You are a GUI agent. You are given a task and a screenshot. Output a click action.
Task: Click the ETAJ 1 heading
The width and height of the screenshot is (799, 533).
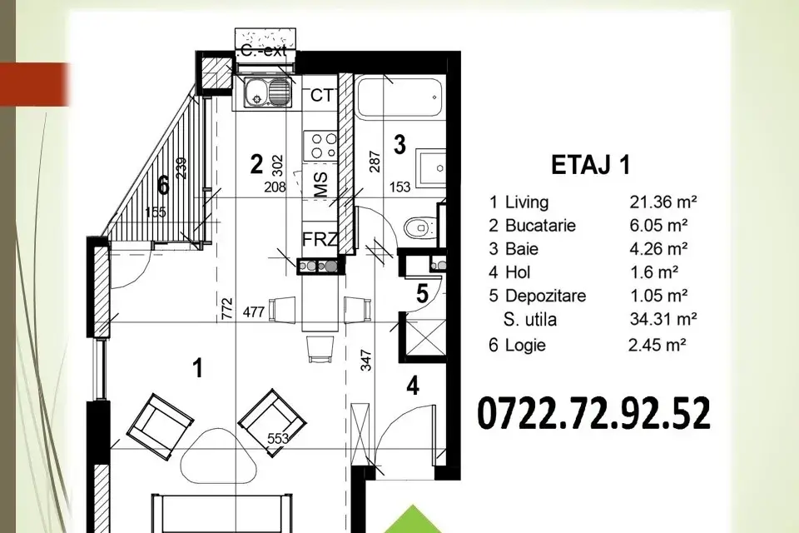click(x=591, y=165)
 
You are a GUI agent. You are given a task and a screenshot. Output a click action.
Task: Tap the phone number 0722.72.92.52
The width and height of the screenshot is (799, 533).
click(x=593, y=414)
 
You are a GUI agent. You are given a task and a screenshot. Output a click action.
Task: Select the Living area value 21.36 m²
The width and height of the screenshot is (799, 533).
click(x=663, y=202)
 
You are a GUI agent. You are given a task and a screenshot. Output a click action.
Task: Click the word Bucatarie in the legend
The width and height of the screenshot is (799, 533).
click(x=540, y=226)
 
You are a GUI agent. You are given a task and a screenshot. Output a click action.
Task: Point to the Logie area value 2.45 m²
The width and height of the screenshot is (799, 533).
click(x=658, y=345)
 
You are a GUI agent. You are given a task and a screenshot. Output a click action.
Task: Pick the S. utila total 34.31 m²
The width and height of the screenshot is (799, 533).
click(x=663, y=319)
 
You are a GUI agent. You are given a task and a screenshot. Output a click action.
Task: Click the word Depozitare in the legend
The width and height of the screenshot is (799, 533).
click(x=545, y=296)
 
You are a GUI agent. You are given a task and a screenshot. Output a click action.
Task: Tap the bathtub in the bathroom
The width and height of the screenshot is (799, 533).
click(x=399, y=96)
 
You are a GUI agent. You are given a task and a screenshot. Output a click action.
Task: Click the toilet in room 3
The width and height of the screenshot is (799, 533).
click(x=419, y=227)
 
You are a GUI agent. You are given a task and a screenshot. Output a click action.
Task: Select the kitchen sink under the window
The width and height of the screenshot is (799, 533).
click(x=267, y=92)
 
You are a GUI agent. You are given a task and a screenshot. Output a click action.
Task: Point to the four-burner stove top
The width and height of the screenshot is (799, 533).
click(x=320, y=146)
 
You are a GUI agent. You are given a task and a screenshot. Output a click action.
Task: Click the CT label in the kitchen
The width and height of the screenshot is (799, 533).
click(x=321, y=96)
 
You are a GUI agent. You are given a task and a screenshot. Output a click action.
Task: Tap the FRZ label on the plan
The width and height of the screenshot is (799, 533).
click(x=319, y=239)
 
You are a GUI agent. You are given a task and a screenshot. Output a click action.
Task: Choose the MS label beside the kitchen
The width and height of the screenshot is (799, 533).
click(x=320, y=184)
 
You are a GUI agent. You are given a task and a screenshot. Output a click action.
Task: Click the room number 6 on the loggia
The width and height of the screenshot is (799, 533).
click(x=163, y=185)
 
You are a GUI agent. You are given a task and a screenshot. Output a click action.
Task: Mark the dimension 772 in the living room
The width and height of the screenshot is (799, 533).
click(x=227, y=309)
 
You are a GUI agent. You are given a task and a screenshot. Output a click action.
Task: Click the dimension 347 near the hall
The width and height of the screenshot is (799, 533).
click(x=366, y=360)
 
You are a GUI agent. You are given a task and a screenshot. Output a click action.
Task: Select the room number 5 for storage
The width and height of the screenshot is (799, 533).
click(x=423, y=294)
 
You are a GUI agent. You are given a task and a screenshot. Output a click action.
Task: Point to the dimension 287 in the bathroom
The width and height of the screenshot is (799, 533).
click(x=375, y=162)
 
